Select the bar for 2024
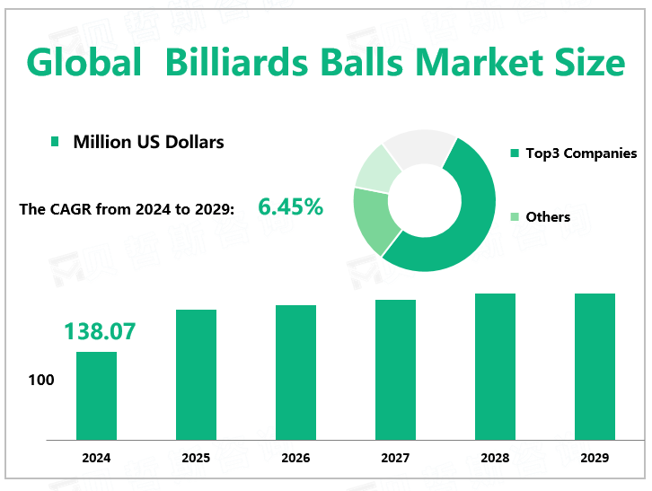click(x=96, y=396)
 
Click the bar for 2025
click(x=196, y=375)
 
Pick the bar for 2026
click(x=295, y=373)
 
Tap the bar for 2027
click(x=395, y=370)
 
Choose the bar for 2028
click(x=495, y=366)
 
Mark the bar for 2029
click(x=595, y=366)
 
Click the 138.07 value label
click(x=99, y=331)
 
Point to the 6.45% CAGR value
click(x=290, y=207)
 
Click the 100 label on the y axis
click(x=41, y=381)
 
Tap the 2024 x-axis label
click(x=96, y=458)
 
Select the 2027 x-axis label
click(x=395, y=458)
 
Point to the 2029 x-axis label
click(x=595, y=458)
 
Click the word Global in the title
click(x=84, y=64)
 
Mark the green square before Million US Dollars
click(x=55, y=142)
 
